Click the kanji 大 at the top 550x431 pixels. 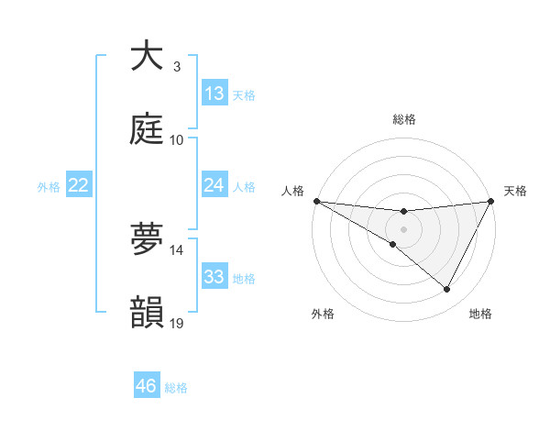[x=147, y=56]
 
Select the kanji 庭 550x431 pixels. [x=147, y=129]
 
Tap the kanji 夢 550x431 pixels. [x=147, y=239]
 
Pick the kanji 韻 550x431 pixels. [x=147, y=313]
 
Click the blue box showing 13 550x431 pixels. [x=214, y=94]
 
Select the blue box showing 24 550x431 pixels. [x=214, y=185]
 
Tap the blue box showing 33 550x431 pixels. [x=214, y=277]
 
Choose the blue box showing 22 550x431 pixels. [x=79, y=185]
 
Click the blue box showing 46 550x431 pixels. [x=147, y=386]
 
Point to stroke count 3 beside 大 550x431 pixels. [x=177, y=66]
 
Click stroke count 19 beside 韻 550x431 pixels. [x=177, y=323]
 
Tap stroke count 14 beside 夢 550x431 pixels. [x=177, y=249]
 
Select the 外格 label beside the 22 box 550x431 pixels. [x=49, y=186]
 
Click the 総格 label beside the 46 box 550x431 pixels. [x=176, y=388]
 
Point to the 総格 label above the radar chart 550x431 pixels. [x=403, y=119]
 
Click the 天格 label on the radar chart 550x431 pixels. [x=515, y=191]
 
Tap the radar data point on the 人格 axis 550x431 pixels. [x=316, y=200]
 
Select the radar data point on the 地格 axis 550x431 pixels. [x=447, y=290]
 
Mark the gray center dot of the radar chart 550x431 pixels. [x=403, y=228]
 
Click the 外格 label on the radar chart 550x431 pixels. [x=323, y=314]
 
